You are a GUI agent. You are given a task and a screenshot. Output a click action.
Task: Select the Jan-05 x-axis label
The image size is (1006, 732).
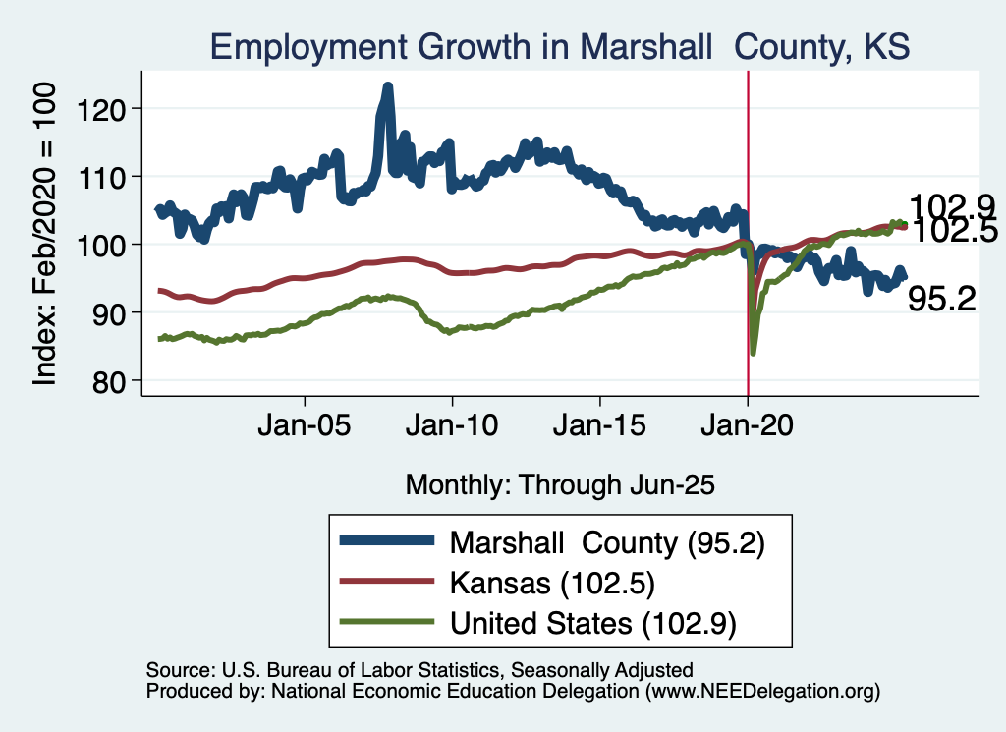click(x=305, y=428)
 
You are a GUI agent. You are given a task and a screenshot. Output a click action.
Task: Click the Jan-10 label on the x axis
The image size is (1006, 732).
click(x=452, y=428)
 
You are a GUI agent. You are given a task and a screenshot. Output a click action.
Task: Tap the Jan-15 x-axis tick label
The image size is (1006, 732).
click(x=600, y=428)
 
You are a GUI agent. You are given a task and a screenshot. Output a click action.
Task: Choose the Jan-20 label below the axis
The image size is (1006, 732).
click(x=748, y=428)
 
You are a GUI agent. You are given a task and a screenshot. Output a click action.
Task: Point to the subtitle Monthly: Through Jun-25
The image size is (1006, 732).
click(x=559, y=484)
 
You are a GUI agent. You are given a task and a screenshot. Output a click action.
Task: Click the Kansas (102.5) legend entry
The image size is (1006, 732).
click(x=552, y=582)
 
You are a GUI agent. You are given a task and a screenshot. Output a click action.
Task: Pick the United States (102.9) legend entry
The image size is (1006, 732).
click(x=592, y=622)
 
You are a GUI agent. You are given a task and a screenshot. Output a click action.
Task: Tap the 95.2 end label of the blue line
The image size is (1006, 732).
click(x=941, y=300)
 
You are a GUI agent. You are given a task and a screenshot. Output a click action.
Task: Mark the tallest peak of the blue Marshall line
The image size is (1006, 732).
click(x=387, y=87)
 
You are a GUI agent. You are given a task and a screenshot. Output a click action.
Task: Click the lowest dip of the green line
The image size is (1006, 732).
click(x=754, y=351)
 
